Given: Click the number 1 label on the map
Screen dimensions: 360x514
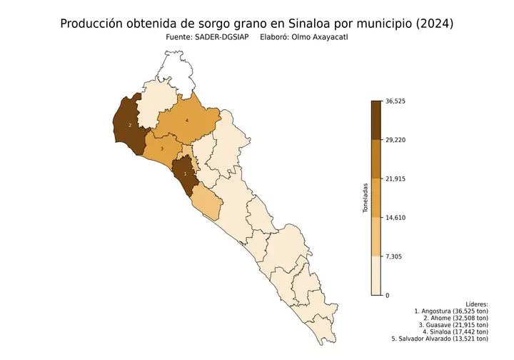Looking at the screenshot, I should [x=186, y=174].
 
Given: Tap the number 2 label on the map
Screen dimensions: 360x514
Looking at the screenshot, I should [x=129, y=125].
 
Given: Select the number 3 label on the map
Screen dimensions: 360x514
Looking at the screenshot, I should [x=162, y=149].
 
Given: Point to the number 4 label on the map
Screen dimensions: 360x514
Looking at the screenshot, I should [x=186, y=121].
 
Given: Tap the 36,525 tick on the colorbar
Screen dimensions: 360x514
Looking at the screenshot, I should [x=395, y=101].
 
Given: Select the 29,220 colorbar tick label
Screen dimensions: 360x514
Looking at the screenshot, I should [x=395, y=140].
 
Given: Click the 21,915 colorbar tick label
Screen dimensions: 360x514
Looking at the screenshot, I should [x=395, y=179].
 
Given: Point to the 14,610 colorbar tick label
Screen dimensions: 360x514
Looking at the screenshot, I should [x=395, y=217].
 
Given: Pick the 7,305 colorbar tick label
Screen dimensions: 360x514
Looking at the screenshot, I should [x=393, y=256].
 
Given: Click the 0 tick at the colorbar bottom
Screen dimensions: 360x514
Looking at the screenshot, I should [x=387, y=295].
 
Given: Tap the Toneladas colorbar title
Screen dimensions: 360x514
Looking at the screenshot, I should [x=364, y=198].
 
